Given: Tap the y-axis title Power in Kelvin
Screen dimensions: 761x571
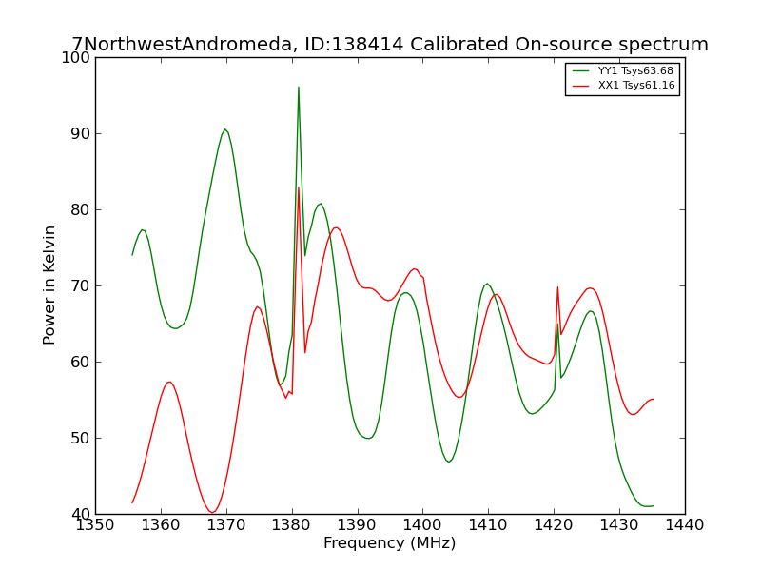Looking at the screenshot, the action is pyautogui.click(x=49, y=285).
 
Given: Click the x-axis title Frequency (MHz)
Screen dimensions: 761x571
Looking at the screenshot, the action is pyautogui.click(x=390, y=542).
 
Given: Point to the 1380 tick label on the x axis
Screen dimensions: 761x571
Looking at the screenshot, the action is pyautogui.click(x=292, y=525).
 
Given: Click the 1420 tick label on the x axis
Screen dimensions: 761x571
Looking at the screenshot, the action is pyautogui.click(x=554, y=525).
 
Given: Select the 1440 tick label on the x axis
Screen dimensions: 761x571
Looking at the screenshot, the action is pyautogui.click(x=684, y=525).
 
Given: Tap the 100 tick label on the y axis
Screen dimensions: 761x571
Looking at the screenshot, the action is pyautogui.click(x=76, y=57).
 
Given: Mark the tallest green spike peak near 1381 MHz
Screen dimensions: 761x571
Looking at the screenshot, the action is pyautogui.click(x=299, y=88).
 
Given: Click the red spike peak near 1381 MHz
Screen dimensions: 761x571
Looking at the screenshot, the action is pyautogui.click(x=299, y=187).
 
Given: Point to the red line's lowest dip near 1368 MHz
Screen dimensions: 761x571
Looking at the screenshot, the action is pyautogui.click(x=211, y=512).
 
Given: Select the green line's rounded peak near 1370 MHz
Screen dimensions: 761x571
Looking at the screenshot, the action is pyautogui.click(x=224, y=129).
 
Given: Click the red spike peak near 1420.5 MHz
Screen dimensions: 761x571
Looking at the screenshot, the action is pyautogui.click(x=557, y=287).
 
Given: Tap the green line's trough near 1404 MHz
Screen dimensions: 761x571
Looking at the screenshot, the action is pyautogui.click(x=448, y=462).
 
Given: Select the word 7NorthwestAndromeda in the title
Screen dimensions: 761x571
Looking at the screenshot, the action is pyautogui.click(x=182, y=44).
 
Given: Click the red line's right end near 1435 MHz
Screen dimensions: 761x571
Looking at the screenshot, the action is pyautogui.click(x=654, y=399).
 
